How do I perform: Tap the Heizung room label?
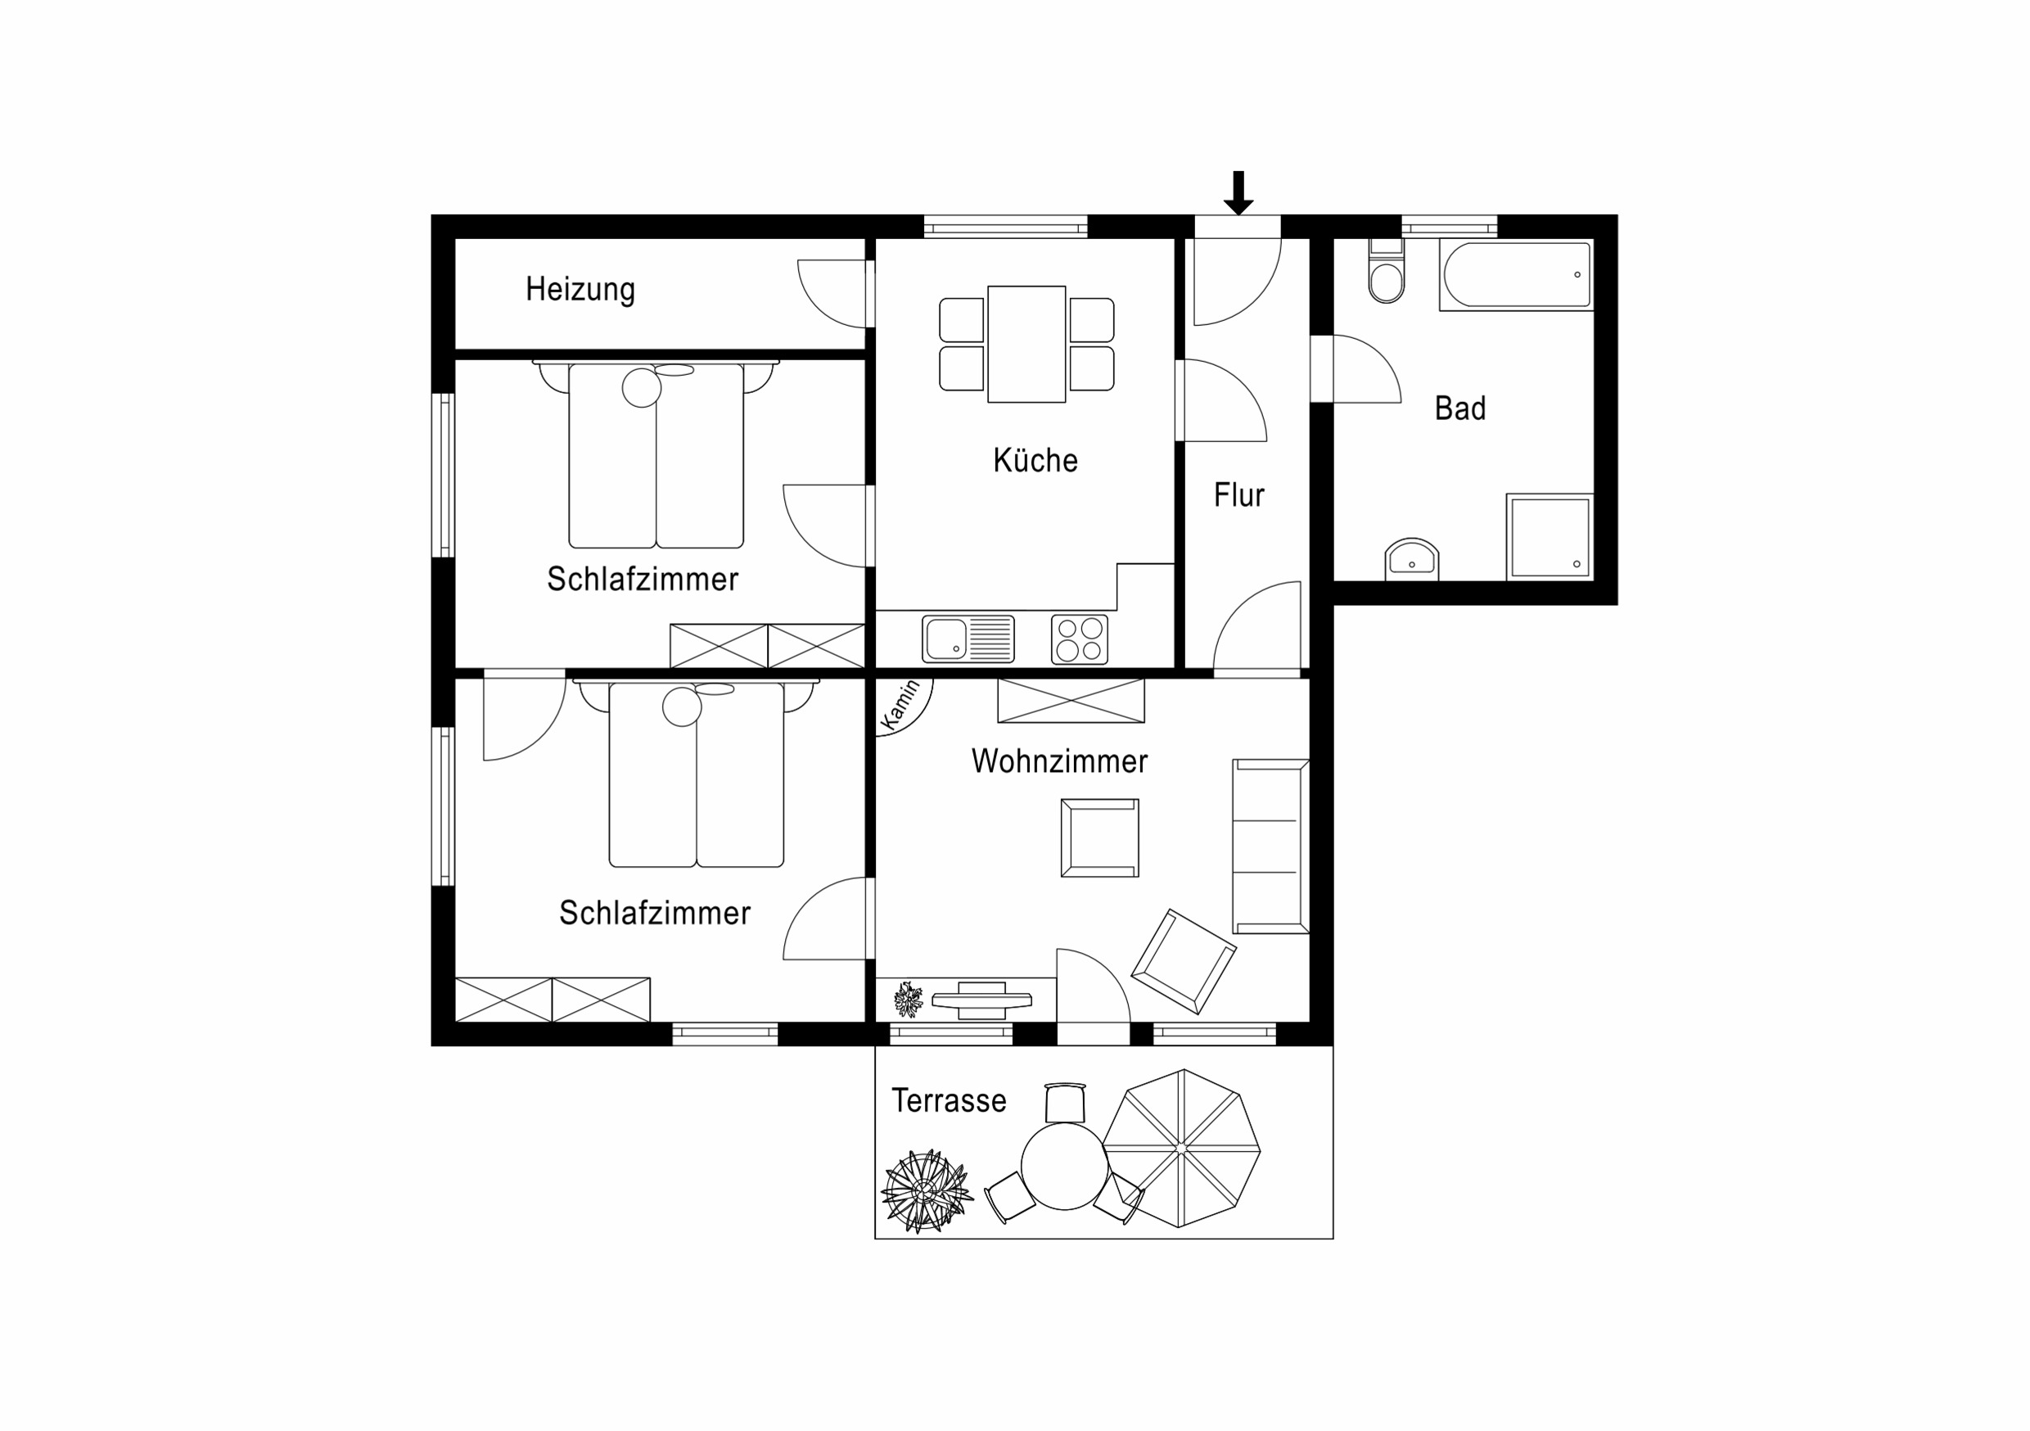click(580, 289)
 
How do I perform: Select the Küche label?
click(1035, 460)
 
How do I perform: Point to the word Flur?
click(1238, 494)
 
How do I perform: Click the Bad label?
click(1459, 408)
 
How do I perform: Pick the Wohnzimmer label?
click(1059, 761)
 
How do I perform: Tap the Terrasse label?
click(949, 1100)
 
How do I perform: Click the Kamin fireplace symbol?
click(902, 705)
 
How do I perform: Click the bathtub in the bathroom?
click(1516, 274)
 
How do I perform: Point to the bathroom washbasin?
click(1412, 559)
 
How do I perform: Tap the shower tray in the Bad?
click(1550, 537)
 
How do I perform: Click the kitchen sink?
click(968, 639)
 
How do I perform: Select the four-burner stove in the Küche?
click(1080, 639)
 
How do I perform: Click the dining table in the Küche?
click(1026, 344)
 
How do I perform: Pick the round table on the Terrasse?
click(1064, 1166)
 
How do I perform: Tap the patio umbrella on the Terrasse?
click(1181, 1148)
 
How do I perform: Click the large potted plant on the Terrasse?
click(927, 1191)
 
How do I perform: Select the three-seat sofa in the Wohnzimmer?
click(1270, 846)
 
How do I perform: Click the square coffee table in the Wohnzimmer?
click(1100, 837)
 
